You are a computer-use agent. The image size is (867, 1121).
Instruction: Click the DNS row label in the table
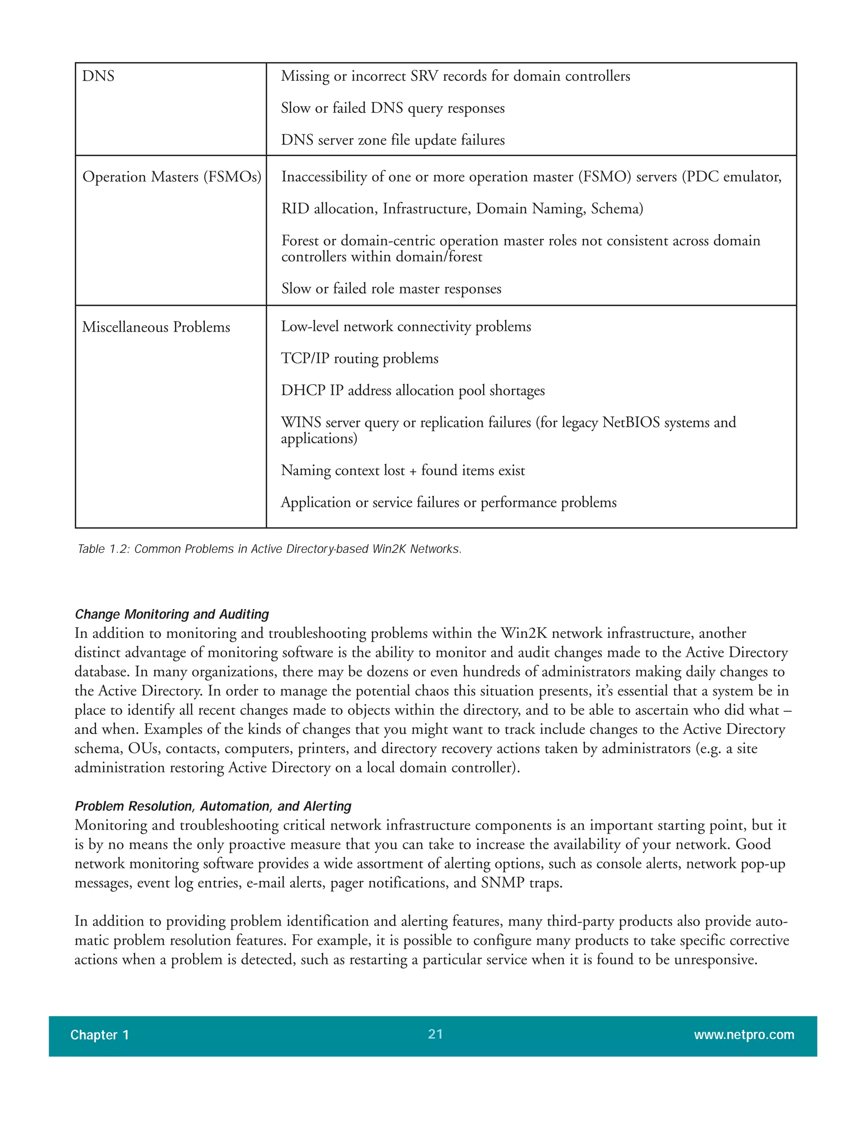coord(98,76)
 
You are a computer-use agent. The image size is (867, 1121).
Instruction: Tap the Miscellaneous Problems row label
coord(156,327)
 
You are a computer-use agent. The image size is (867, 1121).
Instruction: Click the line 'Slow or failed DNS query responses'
coord(392,108)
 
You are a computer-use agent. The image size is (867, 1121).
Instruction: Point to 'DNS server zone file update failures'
coord(392,140)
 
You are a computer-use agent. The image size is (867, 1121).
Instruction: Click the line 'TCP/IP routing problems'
coord(359,358)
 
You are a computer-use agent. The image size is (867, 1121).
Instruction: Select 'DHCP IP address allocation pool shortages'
coord(412,390)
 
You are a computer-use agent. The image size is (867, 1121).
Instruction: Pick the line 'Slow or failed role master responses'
coord(391,288)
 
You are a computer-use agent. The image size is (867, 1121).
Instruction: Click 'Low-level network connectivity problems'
coord(406,327)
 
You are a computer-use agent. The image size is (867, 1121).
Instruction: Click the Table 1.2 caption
coord(269,549)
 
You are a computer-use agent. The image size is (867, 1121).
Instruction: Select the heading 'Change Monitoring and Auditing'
coord(171,614)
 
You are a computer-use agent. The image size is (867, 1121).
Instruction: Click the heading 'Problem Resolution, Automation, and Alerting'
coord(213,806)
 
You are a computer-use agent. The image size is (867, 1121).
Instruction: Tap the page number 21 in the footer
coord(435,1034)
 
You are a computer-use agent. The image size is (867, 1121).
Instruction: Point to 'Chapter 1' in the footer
coord(99,1035)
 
